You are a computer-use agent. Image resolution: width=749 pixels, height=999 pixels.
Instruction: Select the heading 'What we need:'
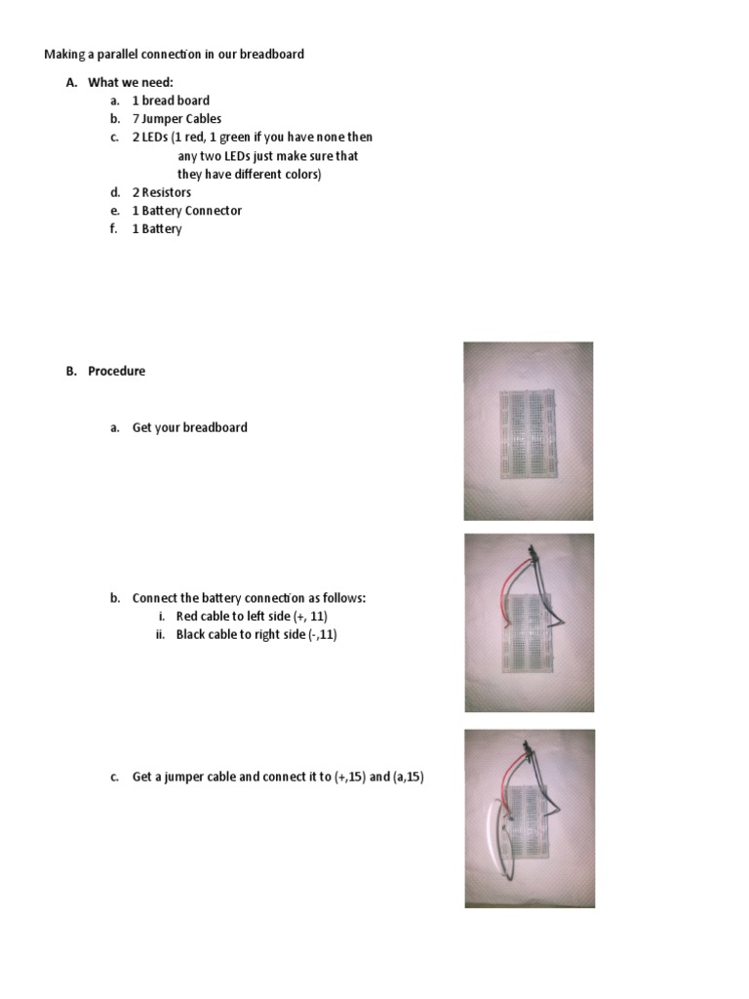click(x=131, y=82)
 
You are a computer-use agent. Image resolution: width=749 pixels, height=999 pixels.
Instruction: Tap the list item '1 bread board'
click(x=171, y=100)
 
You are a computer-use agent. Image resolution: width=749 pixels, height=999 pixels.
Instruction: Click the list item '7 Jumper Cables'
click(x=177, y=119)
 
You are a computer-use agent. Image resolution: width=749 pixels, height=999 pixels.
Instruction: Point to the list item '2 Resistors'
click(x=162, y=192)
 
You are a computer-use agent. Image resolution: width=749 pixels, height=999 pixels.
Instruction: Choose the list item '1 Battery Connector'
click(x=187, y=211)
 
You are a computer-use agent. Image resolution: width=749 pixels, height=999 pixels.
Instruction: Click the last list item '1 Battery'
click(x=157, y=229)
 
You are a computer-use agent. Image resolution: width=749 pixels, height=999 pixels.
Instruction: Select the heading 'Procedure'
click(x=116, y=371)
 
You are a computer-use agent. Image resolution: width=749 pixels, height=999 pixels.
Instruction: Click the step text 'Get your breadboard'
click(x=190, y=427)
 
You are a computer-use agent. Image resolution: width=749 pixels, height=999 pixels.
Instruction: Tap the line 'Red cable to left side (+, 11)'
click(x=258, y=617)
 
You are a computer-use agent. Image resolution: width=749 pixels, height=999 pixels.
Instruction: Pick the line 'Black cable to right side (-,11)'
click(x=256, y=635)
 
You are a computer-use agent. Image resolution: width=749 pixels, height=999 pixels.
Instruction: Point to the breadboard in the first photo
click(x=528, y=435)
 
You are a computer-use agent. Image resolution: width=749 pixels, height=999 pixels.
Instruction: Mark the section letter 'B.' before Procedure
click(x=71, y=371)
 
